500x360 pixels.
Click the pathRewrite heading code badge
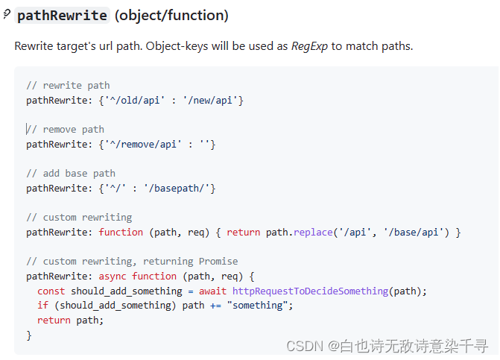coord(62,16)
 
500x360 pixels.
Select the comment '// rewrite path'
coord(68,85)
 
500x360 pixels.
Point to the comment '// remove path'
coord(66,129)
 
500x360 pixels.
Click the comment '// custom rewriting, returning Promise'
coord(132,261)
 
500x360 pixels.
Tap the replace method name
coord(312,232)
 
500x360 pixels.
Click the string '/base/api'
coord(420,232)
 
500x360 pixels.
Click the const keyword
coord(51,291)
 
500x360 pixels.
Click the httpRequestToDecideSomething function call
coord(309,291)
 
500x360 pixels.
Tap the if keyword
coord(42,305)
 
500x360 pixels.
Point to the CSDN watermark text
coord(387,346)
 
